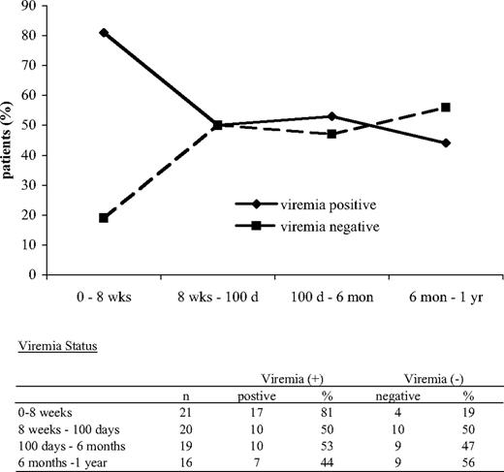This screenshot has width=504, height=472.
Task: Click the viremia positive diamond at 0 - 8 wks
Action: point(104,32)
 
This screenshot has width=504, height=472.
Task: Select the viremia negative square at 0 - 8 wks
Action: point(104,218)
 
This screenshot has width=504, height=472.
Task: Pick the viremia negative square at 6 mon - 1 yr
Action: point(445,108)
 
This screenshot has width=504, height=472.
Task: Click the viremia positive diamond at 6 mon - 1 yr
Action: point(445,142)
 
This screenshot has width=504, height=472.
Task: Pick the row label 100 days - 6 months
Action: point(71,445)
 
